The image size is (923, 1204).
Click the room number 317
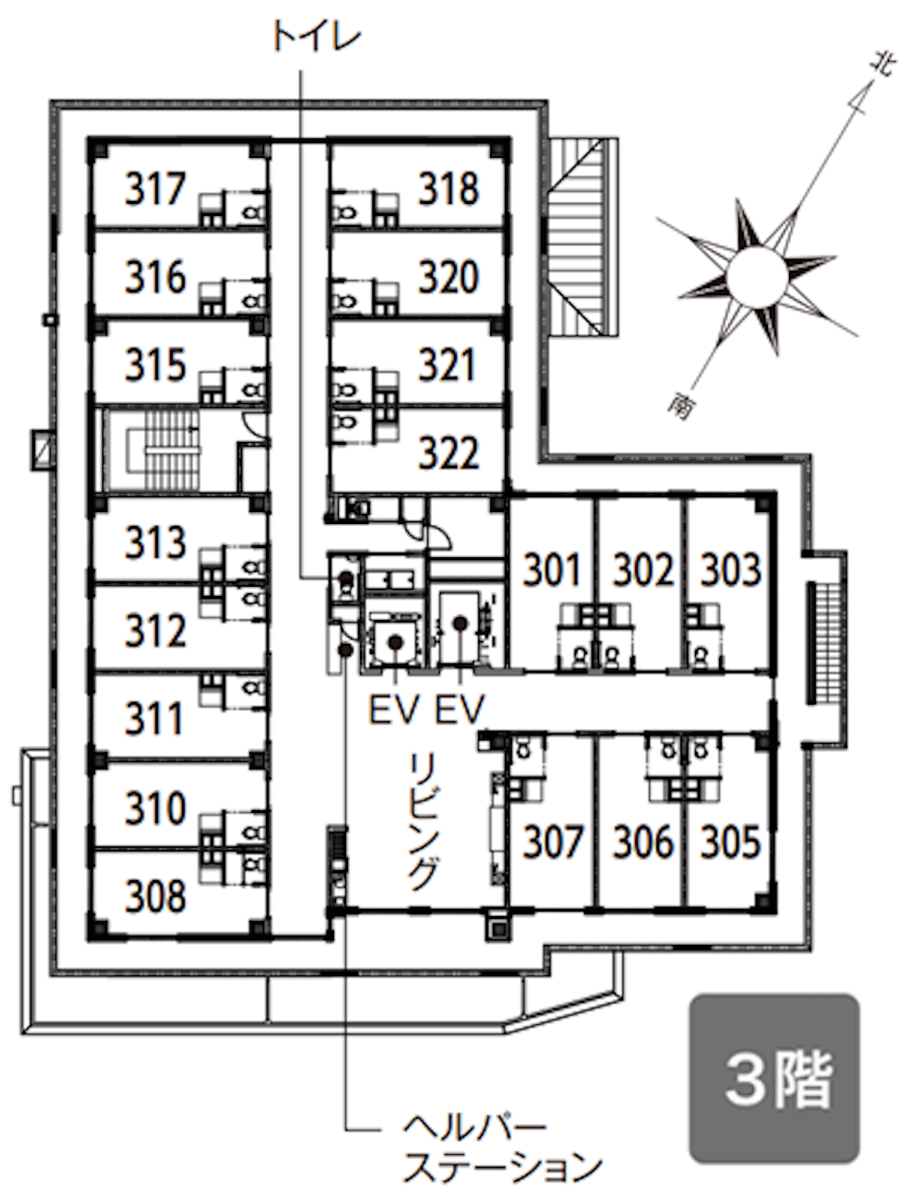point(155,189)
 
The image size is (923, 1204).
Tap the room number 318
point(449,189)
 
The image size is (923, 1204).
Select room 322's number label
point(449,454)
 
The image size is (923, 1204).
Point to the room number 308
point(155,897)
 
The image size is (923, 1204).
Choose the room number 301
point(552,569)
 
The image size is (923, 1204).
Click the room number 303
point(731,569)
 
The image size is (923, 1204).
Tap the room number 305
point(731,841)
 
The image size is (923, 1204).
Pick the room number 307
point(553,841)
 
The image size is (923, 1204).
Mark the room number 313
point(155,542)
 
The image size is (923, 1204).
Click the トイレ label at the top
point(317,38)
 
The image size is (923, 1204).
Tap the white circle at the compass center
point(757,275)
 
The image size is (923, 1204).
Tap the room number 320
point(449,277)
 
